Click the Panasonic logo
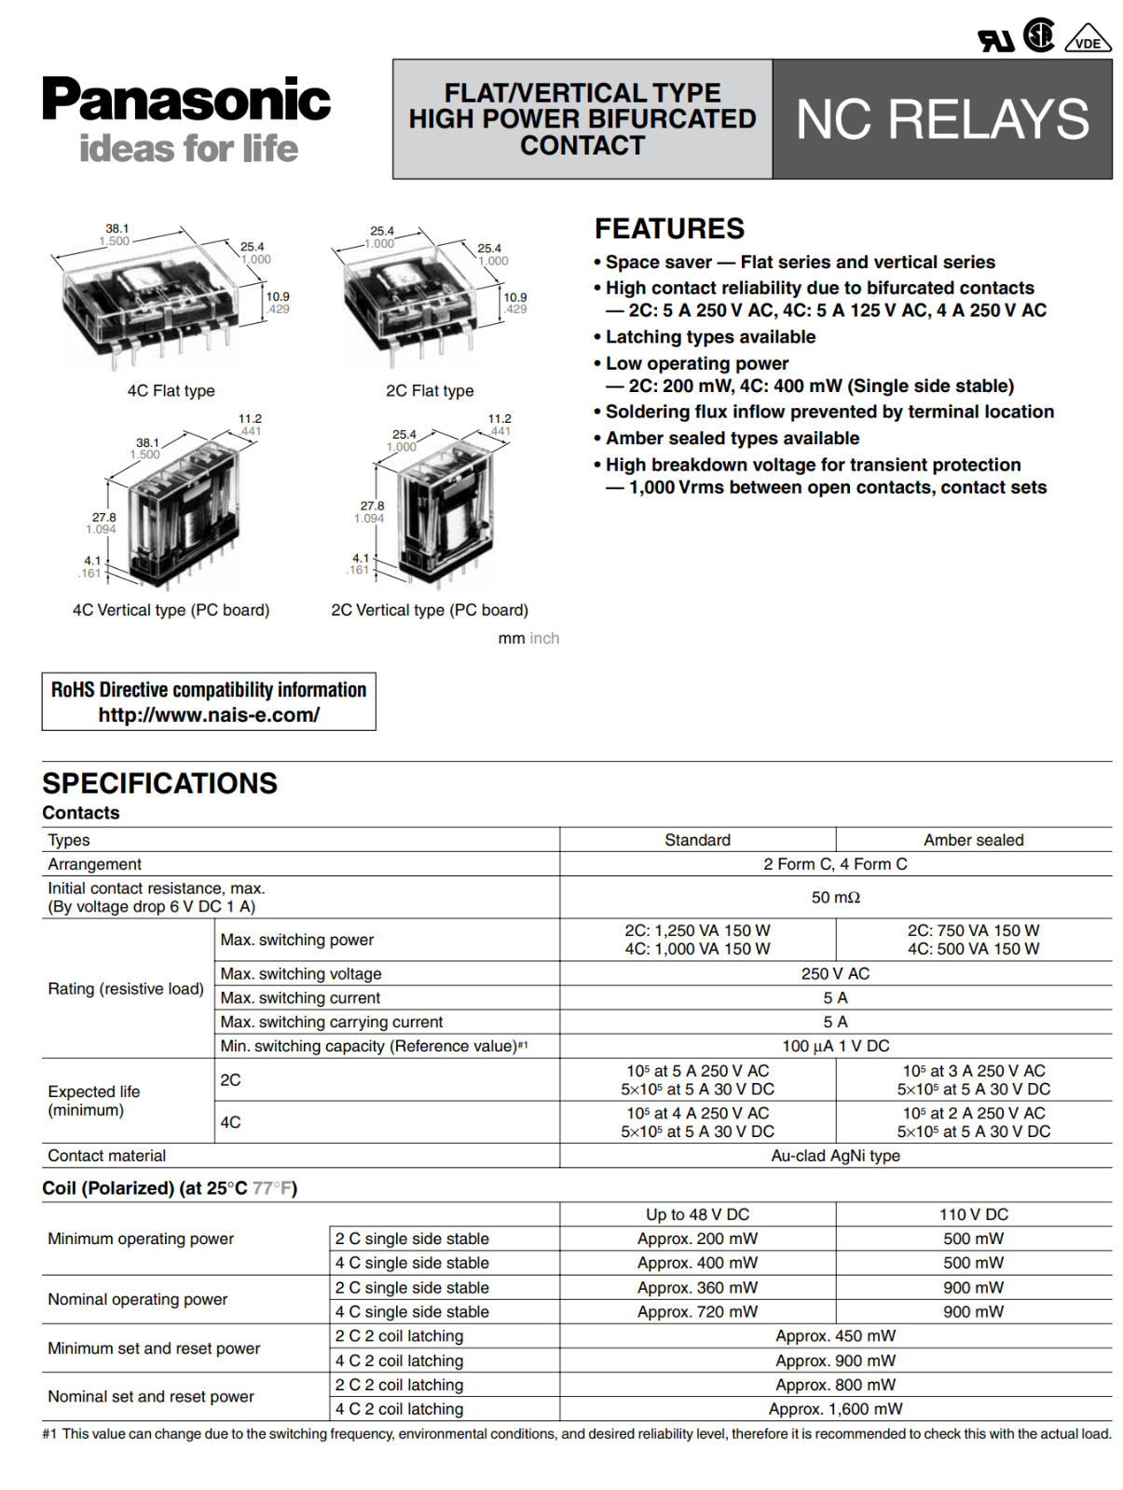pos(186,101)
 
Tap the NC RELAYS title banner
pos(942,119)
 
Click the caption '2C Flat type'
pos(430,391)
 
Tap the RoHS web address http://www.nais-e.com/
pos(209,715)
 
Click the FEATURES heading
pos(669,229)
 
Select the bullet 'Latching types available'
pos(710,337)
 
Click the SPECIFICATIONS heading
pos(159,783)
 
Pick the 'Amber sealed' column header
pos(973,840)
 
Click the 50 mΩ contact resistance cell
pos(835,898)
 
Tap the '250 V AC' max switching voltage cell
pos(835,974)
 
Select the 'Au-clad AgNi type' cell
pos(835,1156)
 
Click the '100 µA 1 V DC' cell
pos(835,1046)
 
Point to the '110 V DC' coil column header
pos(973,1214)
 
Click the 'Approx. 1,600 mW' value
pos(835,1409)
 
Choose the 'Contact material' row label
pos(107,1156)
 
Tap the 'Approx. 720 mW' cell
pos(697,1311)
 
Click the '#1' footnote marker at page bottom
pos(49,1434)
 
